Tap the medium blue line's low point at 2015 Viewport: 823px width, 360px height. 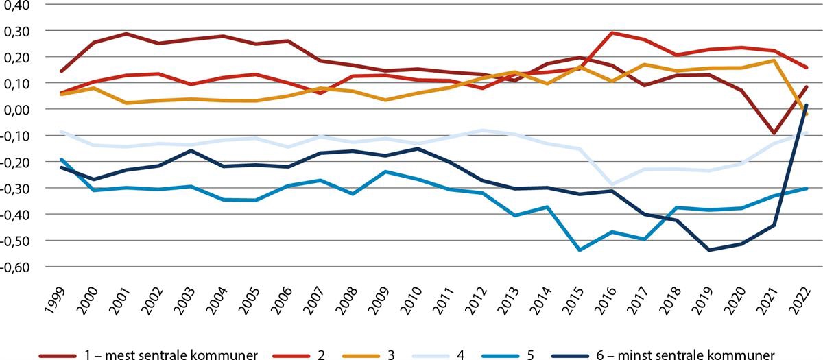[580, 250]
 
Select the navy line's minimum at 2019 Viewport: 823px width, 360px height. [710, 250]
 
